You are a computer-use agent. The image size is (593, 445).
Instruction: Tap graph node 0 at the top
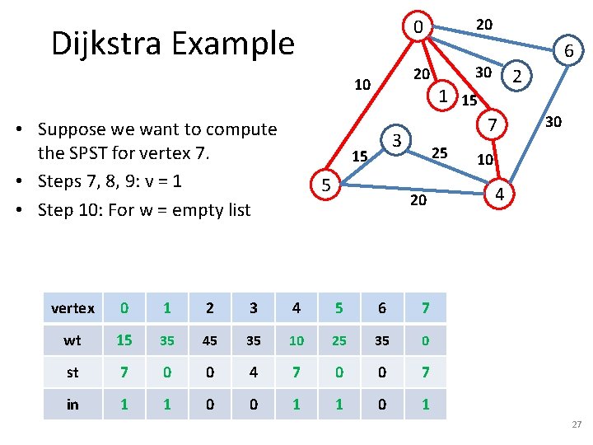pyautogui.click(x=418, y=27)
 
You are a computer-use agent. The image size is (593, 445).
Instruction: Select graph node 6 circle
pyautogui.click(x=568, y=52)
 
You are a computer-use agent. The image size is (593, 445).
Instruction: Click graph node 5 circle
pyautogui.click(x=326, y=186)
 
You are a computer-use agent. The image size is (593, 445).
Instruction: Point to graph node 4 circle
pyautogui.click(x=497, y=194)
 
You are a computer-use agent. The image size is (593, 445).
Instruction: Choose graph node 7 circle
pyautogui.click(x=491, y=125)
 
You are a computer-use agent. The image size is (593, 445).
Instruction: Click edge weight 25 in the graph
pyautogui.click(x=440, y=152)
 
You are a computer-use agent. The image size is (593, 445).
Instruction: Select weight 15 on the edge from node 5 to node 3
pyautogui.click(x=359, y=156)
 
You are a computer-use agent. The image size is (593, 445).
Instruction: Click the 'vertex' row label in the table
pyautogui.click(x=72, y=308)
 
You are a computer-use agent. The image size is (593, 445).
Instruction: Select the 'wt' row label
pyautogui.click(x=72, y=340)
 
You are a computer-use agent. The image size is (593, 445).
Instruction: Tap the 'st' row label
pyautogui.click(x=72, y=372)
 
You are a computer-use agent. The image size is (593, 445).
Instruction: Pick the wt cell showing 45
pyautogui.click(x=210, y=340)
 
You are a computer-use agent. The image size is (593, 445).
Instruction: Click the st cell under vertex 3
pyautogui.click(x=253, y=372)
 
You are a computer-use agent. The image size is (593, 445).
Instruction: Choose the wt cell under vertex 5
pyautogui.click(x=339, y=340)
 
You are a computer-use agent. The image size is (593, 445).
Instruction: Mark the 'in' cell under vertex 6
pyautogui.click(x=381, y=405)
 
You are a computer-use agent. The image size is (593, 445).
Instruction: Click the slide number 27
pyautogui.click(x=576, y=424)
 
